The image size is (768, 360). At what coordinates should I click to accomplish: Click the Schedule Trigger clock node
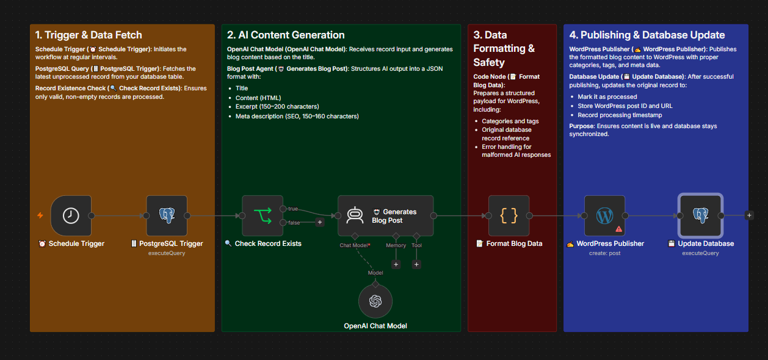tap(71, 215)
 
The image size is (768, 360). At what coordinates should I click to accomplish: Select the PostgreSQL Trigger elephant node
tap(167, 215)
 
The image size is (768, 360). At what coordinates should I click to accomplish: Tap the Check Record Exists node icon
tap(263, 215)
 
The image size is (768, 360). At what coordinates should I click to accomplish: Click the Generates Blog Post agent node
tap(386, 215)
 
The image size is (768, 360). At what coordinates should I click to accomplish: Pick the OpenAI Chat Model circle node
tap(375, 301)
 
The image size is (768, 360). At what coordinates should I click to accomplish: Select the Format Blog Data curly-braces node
tap(509, 215)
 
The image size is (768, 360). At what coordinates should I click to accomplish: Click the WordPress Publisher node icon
tap(605, 215)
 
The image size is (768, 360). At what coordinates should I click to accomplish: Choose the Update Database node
tap(700, 215)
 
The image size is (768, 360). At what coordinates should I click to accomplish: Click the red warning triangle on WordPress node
tap(619, 229)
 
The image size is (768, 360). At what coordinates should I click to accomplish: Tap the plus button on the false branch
tap(320, 222)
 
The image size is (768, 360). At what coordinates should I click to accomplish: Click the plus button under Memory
tap(396, 264)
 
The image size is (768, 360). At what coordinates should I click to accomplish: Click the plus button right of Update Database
tap(749, 215)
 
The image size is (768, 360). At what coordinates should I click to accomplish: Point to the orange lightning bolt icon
tap(40, 215)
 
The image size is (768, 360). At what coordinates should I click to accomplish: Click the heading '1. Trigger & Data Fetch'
tap(89, 35)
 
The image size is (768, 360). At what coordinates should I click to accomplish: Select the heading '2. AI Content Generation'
tap(286, 35)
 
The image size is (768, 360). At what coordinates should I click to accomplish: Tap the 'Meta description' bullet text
tap(297, 117)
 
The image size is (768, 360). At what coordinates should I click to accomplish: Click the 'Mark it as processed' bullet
tap(607, 97)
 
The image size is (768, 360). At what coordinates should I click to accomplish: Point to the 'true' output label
tap(293, 209)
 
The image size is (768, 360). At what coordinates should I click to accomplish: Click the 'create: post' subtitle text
tap(605, 253)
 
